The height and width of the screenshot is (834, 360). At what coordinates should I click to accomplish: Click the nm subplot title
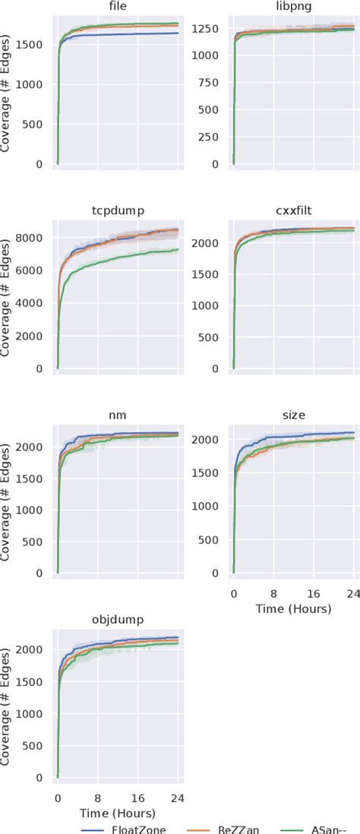tap(118, 415)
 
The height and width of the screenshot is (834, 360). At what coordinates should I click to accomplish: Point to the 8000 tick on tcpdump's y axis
tap(34, 238)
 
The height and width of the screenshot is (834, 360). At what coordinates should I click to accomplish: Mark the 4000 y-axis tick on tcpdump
tap(34, 303)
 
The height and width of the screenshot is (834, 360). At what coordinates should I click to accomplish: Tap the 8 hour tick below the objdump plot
tap(97, 798)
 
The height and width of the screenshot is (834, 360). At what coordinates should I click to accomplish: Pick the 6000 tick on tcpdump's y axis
tap(34, 270)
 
